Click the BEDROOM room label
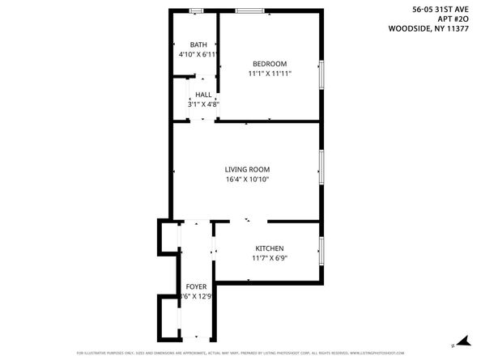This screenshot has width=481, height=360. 269,64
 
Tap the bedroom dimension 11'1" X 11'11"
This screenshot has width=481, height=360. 269,74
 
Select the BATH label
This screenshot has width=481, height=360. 198,44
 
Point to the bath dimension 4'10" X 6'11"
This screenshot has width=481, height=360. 198,54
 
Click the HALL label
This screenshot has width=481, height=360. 203,95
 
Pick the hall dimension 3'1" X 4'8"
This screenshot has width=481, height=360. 203,104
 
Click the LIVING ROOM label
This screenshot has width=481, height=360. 247,169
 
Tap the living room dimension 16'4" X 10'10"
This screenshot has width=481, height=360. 247,179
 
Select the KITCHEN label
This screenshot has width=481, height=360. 270,248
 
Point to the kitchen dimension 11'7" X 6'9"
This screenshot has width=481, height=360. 270,258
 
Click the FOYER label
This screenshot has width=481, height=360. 196,287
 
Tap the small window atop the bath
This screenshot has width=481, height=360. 195,11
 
